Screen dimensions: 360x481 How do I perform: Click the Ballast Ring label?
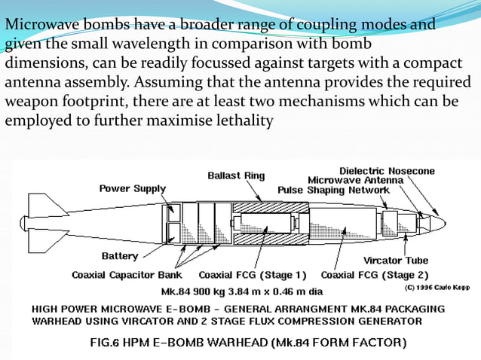236,175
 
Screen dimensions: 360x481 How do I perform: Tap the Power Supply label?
133,188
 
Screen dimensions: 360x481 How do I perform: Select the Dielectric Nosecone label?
387,171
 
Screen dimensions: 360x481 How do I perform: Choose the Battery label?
120,256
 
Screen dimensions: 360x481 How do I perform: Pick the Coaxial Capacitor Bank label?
127,274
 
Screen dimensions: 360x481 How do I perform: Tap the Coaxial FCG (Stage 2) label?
375,274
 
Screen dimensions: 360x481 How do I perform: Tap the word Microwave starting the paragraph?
38,25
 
